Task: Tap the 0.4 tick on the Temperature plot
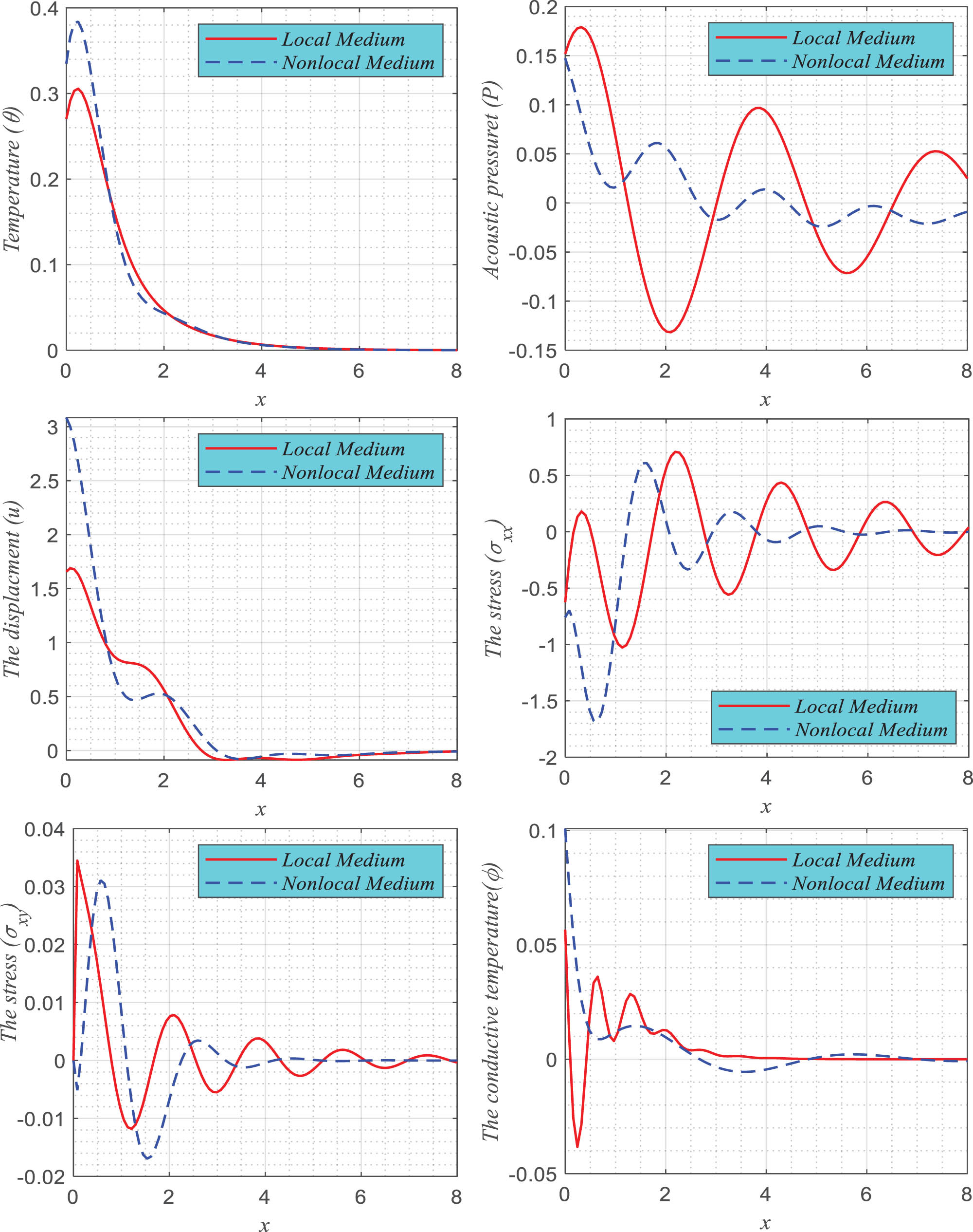44,9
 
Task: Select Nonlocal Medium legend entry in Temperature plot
358,63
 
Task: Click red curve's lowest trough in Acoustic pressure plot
670,332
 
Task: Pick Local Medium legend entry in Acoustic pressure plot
853,38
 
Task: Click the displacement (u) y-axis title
13,590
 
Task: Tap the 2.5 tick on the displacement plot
44,481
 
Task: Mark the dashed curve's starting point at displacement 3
67,419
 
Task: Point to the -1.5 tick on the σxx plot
539,702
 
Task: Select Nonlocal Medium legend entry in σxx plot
870,730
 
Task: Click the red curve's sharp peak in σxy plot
77,861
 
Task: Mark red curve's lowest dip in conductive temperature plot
577,1146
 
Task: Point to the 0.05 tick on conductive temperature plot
536,946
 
